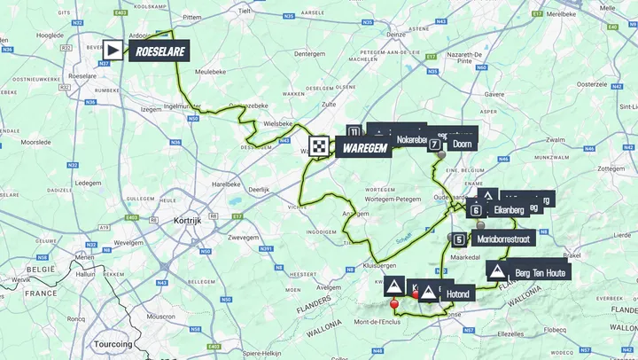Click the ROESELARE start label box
pyautogui.click(x=159, y=51)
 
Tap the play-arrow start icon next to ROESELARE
pyautogui.click(x=116, y=51)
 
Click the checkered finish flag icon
pyautogui.click(x=319, y=147)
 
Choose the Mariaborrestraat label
pyautogui.click(x=503, y=239)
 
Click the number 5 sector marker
pyautogui.click(x=458, y=239)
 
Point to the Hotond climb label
pyautogui.click(x=457, y=293)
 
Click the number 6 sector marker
pyautogui.click(x=476, y=210)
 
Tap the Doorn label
pyautogui.click(x=461, y=144)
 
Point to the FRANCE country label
pyautogui.click(x=40, y=292)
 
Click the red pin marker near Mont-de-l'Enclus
pyautogui.click(x=394, y=304)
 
